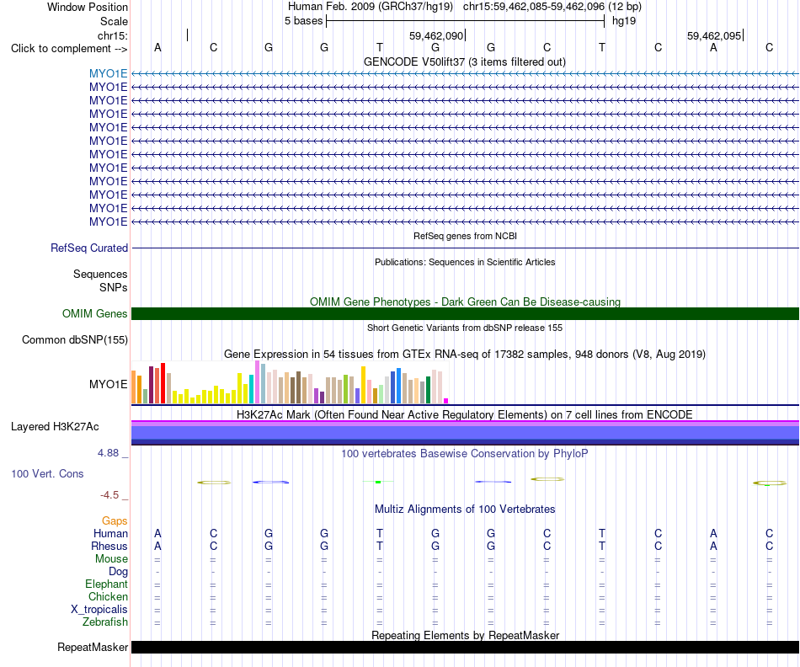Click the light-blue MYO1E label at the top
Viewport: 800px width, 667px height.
pyautogui.click(x=108, y=73)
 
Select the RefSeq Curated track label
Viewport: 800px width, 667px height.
pyautogui.click(x=89, y=248)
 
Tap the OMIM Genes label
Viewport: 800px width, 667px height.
pyautogui.click(x=95, y=314)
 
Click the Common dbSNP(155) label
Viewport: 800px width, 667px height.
pyautogui.click(x=75, y=340)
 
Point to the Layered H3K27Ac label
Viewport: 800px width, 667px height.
pyautogui.click(x=55, y=427)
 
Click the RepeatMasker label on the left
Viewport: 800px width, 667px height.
pyautogui.click(x=93, y=647)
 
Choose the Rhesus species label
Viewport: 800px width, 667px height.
pyautogui.click(x=109, y=546)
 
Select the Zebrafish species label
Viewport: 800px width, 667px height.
pyautogui.click(x=105, y=622)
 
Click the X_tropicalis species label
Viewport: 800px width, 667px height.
pyautogui.click(x=99, y=610)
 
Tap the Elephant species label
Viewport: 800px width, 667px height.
pyautogui.click(x=107, y=584)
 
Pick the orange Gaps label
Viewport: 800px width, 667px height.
pyautogui.click(x=115, y=520)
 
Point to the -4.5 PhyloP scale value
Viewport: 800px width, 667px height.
pyautogui.click(x=109, y=495)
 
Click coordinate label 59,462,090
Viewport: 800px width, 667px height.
pyautogui.click(x=436, y=35)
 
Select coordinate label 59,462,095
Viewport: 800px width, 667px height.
pyautogui.click(x=714, y=35)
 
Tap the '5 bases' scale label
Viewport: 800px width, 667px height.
pyautogui.click(x=303, y=21)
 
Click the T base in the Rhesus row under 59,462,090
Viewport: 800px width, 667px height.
pyautogui.click(x=380, y=546)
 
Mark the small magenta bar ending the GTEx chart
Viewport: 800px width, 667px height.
pyautogui.click(x=446, y=401)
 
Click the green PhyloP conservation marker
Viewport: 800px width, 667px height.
pyautogui.click(x=378, y=482)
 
